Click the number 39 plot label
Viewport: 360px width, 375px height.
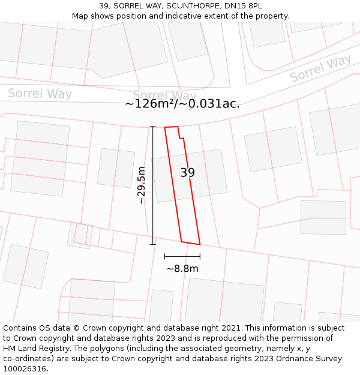coord(188,173)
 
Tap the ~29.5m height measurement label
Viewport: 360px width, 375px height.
coord(142,185)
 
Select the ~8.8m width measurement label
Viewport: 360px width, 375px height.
coord(182,269)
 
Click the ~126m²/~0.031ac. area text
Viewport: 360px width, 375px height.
coord(182,104)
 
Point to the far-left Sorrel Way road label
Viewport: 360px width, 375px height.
coord(40,94)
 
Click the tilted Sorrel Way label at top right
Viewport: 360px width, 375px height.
coord(320,68)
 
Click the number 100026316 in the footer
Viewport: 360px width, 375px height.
coord(25,368)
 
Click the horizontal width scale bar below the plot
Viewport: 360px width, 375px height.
coord(182,256)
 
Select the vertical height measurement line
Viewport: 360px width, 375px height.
coord(153,185)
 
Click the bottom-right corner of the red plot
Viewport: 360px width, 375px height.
coord(200,245)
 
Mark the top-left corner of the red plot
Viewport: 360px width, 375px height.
coord(165,127)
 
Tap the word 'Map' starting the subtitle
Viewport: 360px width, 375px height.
coord(80,16)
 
